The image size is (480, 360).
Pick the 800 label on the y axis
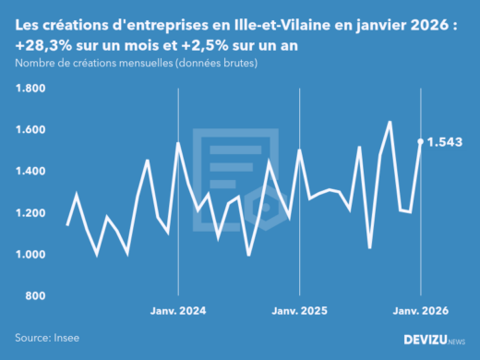[35, 296]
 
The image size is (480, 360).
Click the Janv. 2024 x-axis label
[178, 311]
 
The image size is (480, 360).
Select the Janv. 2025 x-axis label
[300, 311]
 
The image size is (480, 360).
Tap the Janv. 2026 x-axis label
[421, 311]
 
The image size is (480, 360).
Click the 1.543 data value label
[445, 142]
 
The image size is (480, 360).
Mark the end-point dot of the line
[421, 142]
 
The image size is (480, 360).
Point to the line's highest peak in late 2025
[390, 122]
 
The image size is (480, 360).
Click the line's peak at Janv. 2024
[178, 143]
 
